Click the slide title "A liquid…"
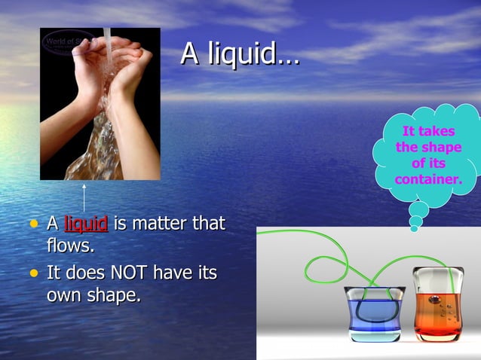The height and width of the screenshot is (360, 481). click(240, 53)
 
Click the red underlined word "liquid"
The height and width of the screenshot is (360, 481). click(86, 224)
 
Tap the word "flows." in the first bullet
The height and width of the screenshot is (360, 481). click(70, 246)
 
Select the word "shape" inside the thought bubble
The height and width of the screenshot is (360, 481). click(441, 148)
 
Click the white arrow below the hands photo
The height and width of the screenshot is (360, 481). click(84, 197)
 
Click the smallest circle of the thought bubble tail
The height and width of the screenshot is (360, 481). click(415, 227)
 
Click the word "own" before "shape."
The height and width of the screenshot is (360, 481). click(66, 294)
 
